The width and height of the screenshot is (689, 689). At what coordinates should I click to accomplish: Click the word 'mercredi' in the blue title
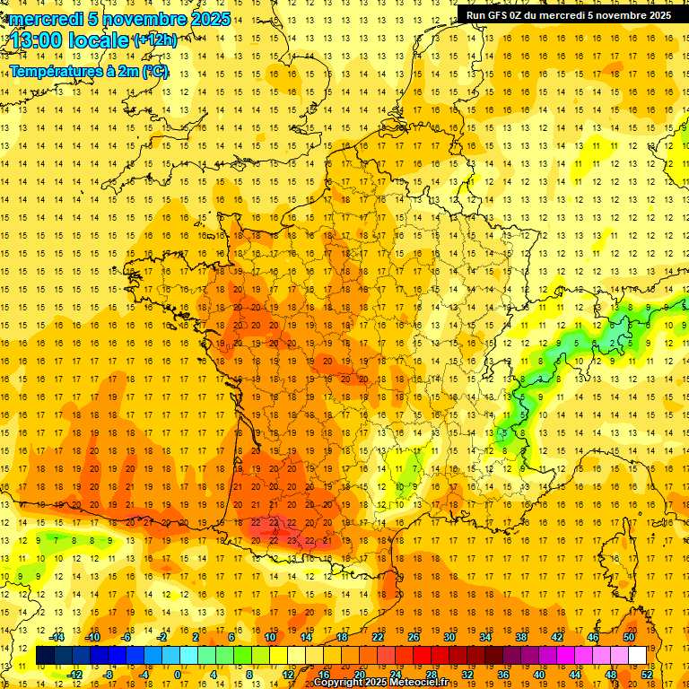[42, 19]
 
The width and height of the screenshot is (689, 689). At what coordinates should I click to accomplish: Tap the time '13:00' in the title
[39, 40]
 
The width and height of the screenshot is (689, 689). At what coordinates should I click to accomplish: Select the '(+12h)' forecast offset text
[155, 39]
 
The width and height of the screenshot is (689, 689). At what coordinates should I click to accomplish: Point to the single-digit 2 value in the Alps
[613, 343]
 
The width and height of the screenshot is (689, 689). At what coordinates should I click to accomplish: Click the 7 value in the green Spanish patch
[57, 541]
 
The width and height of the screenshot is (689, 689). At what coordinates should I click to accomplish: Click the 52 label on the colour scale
[647, 675]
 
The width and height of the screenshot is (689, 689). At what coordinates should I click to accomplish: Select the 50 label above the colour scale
[628, 637]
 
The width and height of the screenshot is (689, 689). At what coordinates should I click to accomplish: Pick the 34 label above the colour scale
[485, 637]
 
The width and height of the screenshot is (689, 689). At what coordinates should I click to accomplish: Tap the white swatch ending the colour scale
[638, 656]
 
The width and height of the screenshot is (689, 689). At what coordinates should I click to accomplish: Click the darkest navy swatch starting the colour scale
[45, 656]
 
